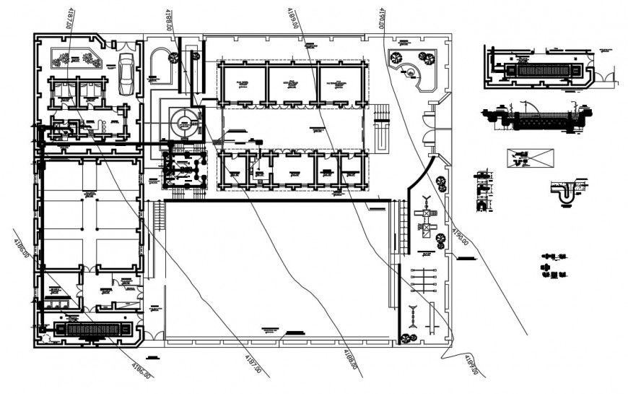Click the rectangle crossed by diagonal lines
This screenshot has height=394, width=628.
coord(530,157)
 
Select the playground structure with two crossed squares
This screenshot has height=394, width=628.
coord(427,222)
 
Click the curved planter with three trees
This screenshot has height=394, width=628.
coord(409,64)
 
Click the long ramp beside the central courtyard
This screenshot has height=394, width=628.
coord(382,133)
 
